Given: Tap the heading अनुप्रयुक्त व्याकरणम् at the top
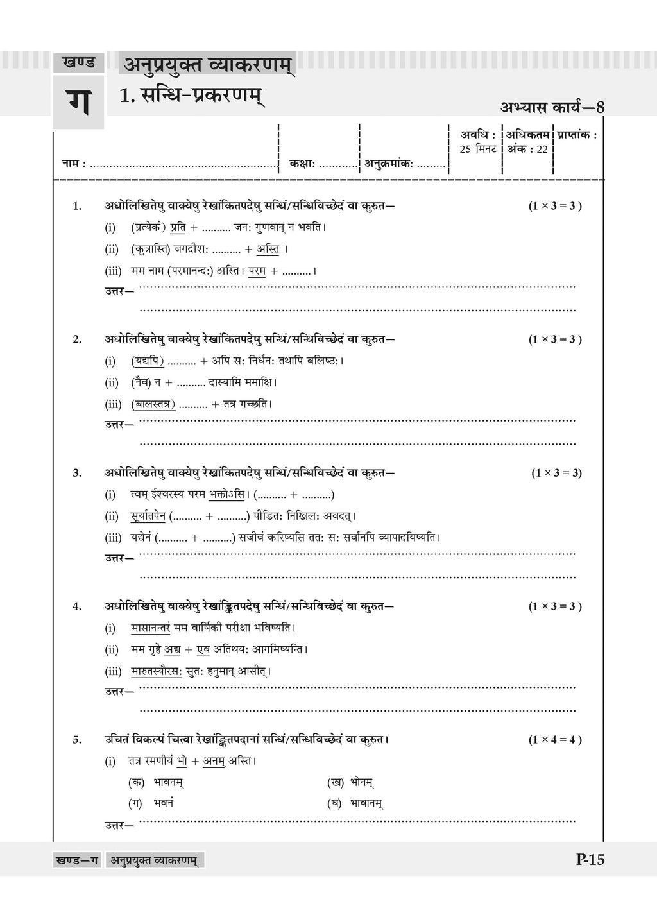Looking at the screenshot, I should [x=207, y=65].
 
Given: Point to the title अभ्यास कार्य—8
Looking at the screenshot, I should [x=552, y=107].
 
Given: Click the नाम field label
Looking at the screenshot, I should [x=73, y=164].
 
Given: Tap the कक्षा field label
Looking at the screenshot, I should [x=302, y=164].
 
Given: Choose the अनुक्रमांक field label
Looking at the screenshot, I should [x=389, y=164].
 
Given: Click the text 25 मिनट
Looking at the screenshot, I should [x=478, y=149].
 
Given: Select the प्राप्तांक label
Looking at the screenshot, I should [x=577, y=135].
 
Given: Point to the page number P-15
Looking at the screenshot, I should [x=590, y=860].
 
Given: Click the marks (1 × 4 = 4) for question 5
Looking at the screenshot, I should [x=555, y=739].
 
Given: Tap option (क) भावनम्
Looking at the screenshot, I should [x=157, y=782].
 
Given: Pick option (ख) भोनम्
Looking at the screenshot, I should [x=350, y=782].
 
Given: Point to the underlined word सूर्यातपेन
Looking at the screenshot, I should [x=148, y=516].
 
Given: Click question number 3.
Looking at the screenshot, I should [x=77, y=473].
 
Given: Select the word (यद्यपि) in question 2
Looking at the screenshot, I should [x=148, y=361].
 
